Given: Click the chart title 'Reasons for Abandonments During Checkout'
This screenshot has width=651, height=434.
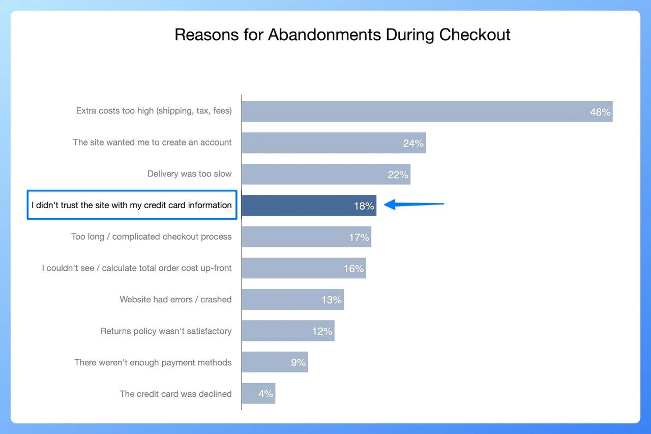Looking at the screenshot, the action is pos(342,35).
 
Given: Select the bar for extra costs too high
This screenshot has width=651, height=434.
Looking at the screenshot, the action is pos(427,111).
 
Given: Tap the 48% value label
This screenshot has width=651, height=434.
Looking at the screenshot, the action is pos(600,112).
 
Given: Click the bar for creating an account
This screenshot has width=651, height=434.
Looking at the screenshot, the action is pos(334,143).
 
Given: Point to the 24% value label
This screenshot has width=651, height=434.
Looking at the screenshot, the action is pos(413,143).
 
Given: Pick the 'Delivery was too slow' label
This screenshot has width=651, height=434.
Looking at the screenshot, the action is pos(190,173).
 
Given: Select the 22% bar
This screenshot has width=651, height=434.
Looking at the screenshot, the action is pos(326,174).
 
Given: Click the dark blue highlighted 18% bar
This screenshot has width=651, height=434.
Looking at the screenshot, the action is pos(309,206).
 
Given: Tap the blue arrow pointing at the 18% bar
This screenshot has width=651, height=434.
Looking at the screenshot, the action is pos(414,204).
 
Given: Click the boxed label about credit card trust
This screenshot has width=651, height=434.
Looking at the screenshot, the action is pos(132,205).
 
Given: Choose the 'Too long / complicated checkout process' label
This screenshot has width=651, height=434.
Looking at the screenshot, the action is pos(152,237).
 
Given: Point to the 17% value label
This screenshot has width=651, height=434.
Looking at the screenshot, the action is pos(359,238).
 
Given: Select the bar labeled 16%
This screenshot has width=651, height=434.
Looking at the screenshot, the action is pos(304,268).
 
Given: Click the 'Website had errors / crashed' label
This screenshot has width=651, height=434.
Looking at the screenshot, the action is pos(175,299).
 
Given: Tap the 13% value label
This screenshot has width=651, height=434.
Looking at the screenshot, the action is pos(332,300).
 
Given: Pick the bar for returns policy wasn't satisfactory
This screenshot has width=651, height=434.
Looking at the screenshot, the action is pos(288,331).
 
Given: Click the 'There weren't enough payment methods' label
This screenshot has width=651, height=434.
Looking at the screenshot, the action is pos(153,362).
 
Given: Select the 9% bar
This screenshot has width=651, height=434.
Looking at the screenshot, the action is pos(275,362).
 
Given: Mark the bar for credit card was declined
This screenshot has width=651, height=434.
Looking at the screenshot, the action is pos(258,393).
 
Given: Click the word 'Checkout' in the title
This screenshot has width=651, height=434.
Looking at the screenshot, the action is pos(475,35).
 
